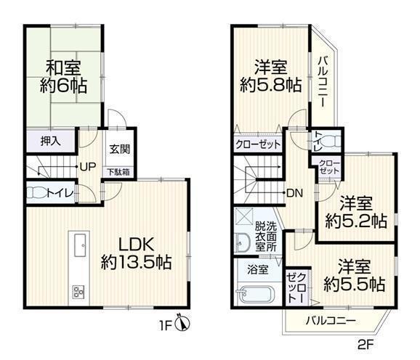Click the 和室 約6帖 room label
(x=63, y=77)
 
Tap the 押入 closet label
(x=51, y=142)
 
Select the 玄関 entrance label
(x=120, y=149)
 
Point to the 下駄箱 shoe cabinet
(x=118, y=172)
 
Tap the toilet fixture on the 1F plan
(x=37, y=193)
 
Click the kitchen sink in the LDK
(x=81, y=245)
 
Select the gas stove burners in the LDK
(x=78, y=291)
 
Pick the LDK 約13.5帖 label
(x=136, y=253)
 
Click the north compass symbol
(x=182, y=324)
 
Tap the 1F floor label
(x=165, y=326)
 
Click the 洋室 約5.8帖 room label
(x=271, y=76)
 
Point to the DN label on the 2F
(x=294, y=193)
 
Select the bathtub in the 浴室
(x=256, y=295)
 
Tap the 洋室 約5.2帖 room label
(x=356, y=212)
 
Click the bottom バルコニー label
(x=331, y=320)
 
